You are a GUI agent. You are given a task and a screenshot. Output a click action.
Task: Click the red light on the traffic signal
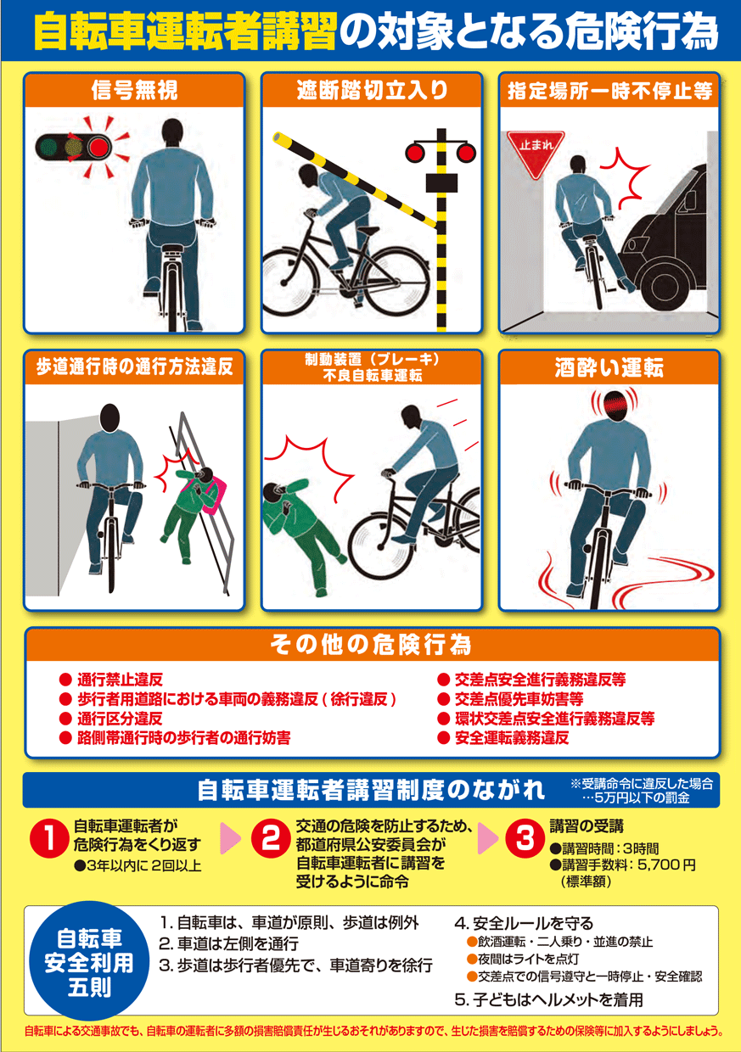[98, 147]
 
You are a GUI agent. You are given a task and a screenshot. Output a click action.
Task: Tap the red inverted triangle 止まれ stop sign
[536, 151]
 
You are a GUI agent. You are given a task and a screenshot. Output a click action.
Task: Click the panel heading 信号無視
[134, 90]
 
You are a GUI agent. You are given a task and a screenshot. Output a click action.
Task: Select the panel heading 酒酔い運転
[609, 367]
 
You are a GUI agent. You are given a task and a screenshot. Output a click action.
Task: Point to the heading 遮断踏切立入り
[372, 90]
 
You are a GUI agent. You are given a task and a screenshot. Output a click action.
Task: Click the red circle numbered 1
[49, 839]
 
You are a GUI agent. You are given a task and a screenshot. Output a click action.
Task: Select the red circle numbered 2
[271, 839]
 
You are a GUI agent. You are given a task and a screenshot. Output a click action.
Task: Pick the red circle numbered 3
[525, 839]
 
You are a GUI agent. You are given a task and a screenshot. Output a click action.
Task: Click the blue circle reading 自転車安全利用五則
[89, 960]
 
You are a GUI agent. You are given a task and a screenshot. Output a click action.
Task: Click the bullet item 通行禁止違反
[120, 680]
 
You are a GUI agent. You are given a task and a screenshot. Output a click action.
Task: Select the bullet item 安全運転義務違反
[512, 738]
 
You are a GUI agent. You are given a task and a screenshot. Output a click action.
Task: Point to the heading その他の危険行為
[371, 645]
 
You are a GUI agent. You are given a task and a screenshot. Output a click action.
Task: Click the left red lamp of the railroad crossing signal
[415, 153]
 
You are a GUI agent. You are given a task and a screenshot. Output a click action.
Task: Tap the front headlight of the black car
[631, 245]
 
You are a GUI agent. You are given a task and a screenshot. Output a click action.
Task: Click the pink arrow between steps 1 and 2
[230, 839]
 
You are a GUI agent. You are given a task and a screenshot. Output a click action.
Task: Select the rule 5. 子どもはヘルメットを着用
[548, 1000]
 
